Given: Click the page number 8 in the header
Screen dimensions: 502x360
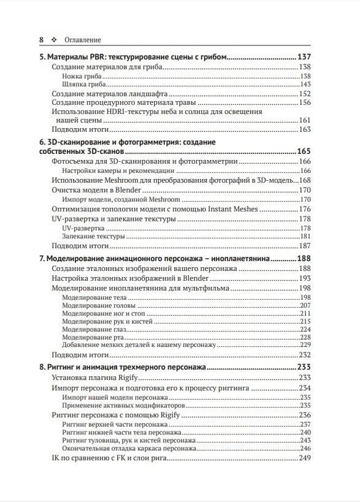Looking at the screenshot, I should [x=41, y=39].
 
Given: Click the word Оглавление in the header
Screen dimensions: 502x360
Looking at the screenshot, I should [x=82, y=39].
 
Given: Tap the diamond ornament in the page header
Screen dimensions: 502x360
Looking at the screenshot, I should [x=55, y=39].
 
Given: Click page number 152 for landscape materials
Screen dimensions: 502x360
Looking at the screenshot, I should [x=305, y=94].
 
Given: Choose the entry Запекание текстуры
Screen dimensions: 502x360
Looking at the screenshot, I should [x=92, y=236].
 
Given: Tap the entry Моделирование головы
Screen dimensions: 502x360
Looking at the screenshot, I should [x=94, y=305].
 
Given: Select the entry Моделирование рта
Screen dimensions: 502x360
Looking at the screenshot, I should [x=90, y=337].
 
